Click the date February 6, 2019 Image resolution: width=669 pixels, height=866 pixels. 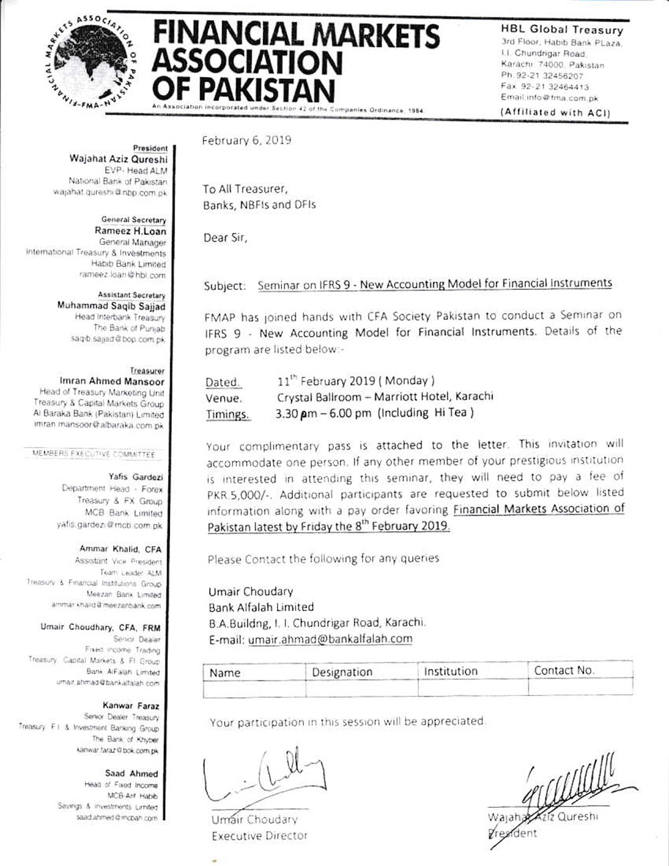pyautogui.click(x=247, y=141)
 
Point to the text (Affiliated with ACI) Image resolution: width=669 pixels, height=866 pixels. pyautogui.click(x=556, y=112)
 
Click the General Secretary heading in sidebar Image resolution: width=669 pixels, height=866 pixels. pyautogui.click(x=134, y=220)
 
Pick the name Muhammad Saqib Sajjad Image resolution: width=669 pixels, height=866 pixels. pyautogui.click(x=112, y=306)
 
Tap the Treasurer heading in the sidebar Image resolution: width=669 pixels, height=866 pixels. pyautogui.click(x=148, y=371)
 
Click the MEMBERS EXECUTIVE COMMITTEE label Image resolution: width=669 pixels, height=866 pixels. pyautogui.click(x=94, y=454)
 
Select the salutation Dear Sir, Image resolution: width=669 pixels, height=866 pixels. pyautogui.click(x=225, y=238)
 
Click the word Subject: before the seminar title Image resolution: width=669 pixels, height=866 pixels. pyautogui.click(x=225, y=286)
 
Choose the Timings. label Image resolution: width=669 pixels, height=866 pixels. pyautogui.click(x=227, y=414)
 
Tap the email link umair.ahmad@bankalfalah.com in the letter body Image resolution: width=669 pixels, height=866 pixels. pyautogui.click(x=330, y=639)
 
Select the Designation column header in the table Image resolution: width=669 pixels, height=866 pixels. pyautogui.click(x=342, y=672)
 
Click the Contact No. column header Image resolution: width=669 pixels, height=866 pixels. pyautogui.click(x=564, y=671)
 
